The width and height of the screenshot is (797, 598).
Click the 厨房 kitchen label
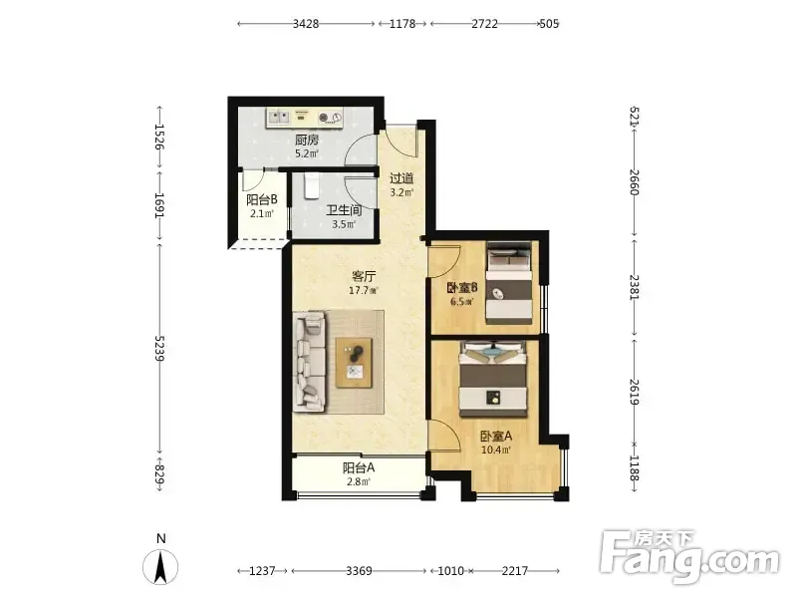tap(307, 140)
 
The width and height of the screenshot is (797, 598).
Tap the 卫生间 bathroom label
tap(344, 210)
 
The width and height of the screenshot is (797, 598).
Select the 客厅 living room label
tap(364, 277)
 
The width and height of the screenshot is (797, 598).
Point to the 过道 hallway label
tap(401, 178)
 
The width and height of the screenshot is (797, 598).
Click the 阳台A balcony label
tap(359, 467)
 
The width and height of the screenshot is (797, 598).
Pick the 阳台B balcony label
tap(262, 200)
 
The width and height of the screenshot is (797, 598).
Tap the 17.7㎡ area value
tap(364, 291)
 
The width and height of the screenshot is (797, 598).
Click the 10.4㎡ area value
tap(495, 449)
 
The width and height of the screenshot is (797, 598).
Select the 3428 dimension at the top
tap(306, 24)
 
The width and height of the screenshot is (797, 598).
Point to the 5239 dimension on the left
tap(159, 348)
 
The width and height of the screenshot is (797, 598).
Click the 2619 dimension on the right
tap(635, 392)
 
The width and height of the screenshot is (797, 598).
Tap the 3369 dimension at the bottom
tap(359, 571)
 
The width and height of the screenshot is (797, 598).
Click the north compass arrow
tap(160, 567)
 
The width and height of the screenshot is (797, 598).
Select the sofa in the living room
tap(310, 362)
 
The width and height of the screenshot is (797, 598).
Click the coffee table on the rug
tap(354, 363)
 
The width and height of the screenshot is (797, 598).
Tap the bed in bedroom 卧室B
tap(509, 283)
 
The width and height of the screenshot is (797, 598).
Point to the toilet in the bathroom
tap(311, 185)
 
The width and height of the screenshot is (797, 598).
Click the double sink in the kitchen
tap(279, 118)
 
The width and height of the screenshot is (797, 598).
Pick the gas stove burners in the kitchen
tap(331, 118)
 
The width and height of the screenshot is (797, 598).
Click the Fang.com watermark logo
tap(688, 557)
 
